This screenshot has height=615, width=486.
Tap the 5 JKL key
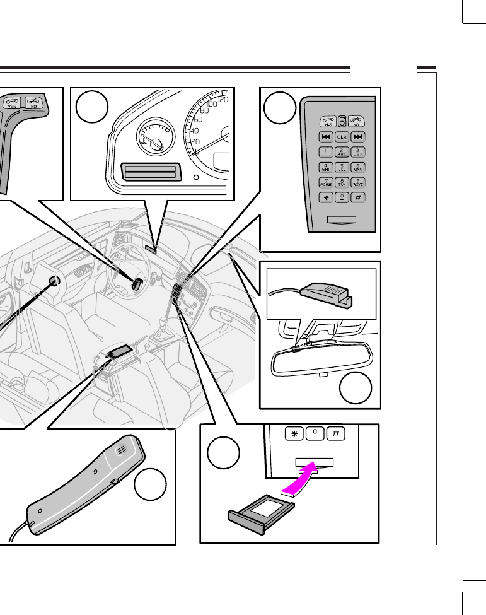point(341,168)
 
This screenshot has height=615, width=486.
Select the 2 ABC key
point(341,152)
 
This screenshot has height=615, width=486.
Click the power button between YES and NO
point(341,121)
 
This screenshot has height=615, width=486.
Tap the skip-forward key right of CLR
point(357,137)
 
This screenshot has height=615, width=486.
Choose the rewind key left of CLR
point(326,137)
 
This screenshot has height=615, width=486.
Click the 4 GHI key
point(326,168)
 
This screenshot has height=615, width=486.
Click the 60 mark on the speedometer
point(198,119)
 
